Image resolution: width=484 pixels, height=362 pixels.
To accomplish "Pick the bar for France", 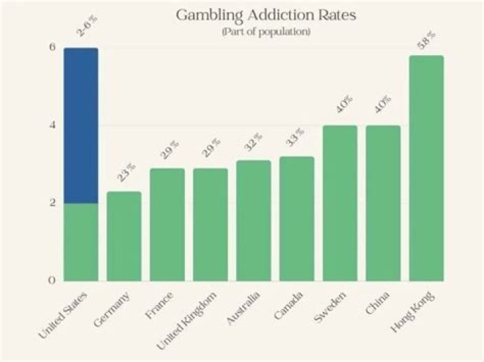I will (167, 224).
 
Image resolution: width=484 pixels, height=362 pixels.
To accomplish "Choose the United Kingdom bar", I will (210, 224).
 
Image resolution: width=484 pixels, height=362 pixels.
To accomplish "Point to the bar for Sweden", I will (339, 203).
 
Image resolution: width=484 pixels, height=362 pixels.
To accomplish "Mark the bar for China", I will (382, 203).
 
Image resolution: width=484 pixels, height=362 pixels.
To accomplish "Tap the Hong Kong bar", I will (426, 168).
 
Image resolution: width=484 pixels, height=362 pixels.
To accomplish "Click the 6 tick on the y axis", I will (52, 47).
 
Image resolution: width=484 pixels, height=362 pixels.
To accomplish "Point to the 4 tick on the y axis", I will (52, 125).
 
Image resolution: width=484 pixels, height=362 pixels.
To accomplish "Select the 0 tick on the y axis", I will (52, 280).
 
